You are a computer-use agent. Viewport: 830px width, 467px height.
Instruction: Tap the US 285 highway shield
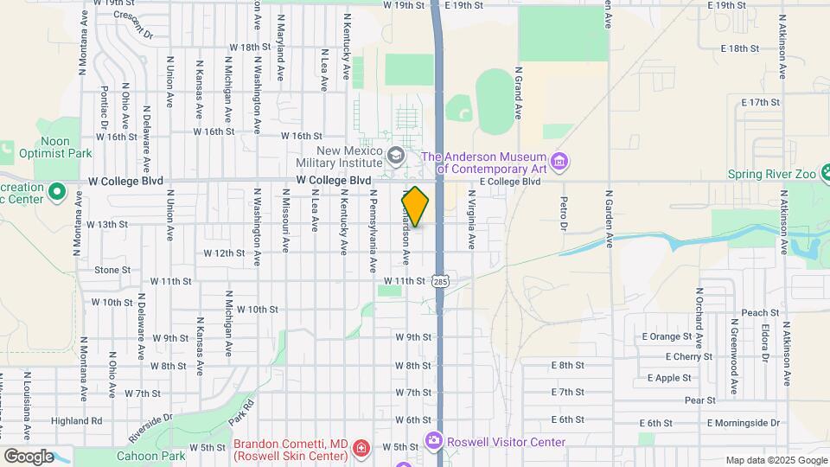click(x=441, y=281)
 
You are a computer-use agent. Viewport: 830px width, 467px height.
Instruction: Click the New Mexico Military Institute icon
click(x=396, y=156)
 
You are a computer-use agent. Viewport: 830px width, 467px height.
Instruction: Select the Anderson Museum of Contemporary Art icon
click(x=559, y=162)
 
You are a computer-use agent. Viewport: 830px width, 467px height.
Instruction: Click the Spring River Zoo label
click(x=771, y=174)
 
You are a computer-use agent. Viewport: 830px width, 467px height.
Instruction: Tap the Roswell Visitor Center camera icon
click(x=433, y=441)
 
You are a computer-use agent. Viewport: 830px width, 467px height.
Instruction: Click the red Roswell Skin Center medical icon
click(x=361, y=450)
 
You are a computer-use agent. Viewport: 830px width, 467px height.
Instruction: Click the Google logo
click(x=28, y=457)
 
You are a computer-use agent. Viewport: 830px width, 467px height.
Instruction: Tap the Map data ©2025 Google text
click(x=776, y=460)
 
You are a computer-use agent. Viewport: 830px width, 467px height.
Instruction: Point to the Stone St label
click(x=112, y=270)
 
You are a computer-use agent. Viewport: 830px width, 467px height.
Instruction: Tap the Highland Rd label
click(x=77, y=420)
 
